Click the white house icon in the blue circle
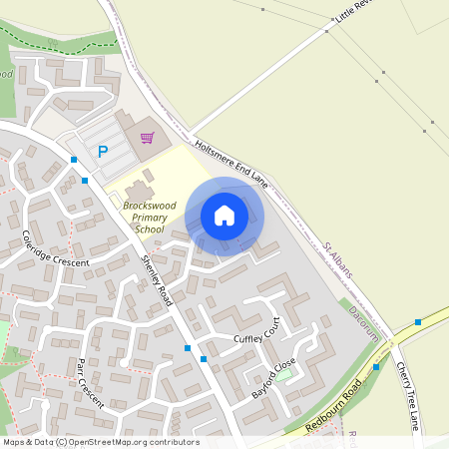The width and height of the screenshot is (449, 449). tap(224, 216)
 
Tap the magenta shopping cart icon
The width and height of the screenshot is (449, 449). tap(148, 138)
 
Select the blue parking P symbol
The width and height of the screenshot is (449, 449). tap(102, 152)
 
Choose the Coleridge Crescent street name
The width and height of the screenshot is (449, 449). tap(55, 248)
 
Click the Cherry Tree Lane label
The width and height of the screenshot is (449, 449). tap(408, 394)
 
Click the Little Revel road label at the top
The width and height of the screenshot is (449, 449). tap(355, 13)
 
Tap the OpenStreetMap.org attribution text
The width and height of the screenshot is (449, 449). tap(110, 442)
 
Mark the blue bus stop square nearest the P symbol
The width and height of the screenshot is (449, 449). tap(74, 160)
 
